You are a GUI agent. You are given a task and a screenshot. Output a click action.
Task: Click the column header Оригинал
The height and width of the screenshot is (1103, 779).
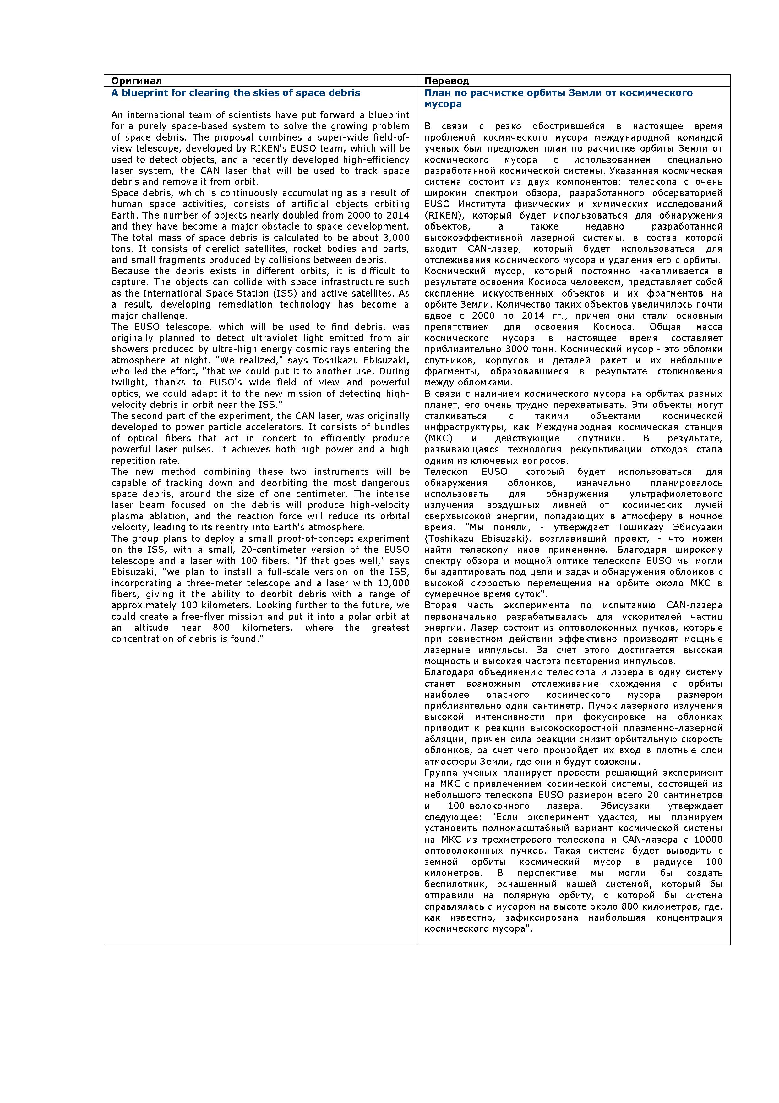point(136,81)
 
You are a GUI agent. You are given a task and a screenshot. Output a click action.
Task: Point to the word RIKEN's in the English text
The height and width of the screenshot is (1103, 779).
point(269,148)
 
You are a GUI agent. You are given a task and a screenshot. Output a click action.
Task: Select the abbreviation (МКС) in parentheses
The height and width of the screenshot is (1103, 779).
point(437,439)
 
